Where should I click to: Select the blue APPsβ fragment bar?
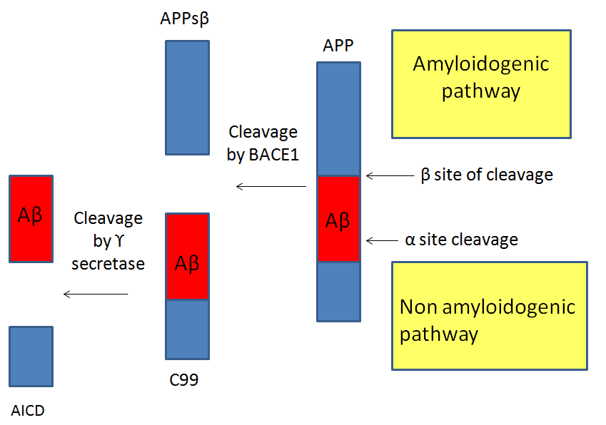187,97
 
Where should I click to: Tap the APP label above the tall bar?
338,46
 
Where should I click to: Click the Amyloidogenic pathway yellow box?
481,83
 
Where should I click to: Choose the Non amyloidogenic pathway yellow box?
489,316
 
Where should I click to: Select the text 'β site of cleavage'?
488,175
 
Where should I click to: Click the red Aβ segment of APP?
338,219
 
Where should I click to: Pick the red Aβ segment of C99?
187,257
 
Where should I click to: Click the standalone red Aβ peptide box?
31,217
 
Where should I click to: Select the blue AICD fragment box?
31,356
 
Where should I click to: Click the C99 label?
184,380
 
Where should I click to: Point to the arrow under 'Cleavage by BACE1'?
271,187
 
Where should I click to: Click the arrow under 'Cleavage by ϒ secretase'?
96,294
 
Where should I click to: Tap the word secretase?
108,264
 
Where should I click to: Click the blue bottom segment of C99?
187,329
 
